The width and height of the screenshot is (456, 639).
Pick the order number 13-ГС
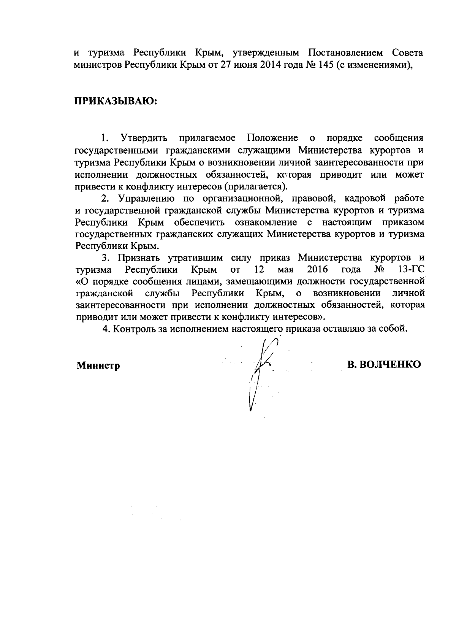[x=410, y=270]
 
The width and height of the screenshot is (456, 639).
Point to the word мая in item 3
[x=282, y=270]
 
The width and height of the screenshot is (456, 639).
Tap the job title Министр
[x=98, y=366]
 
